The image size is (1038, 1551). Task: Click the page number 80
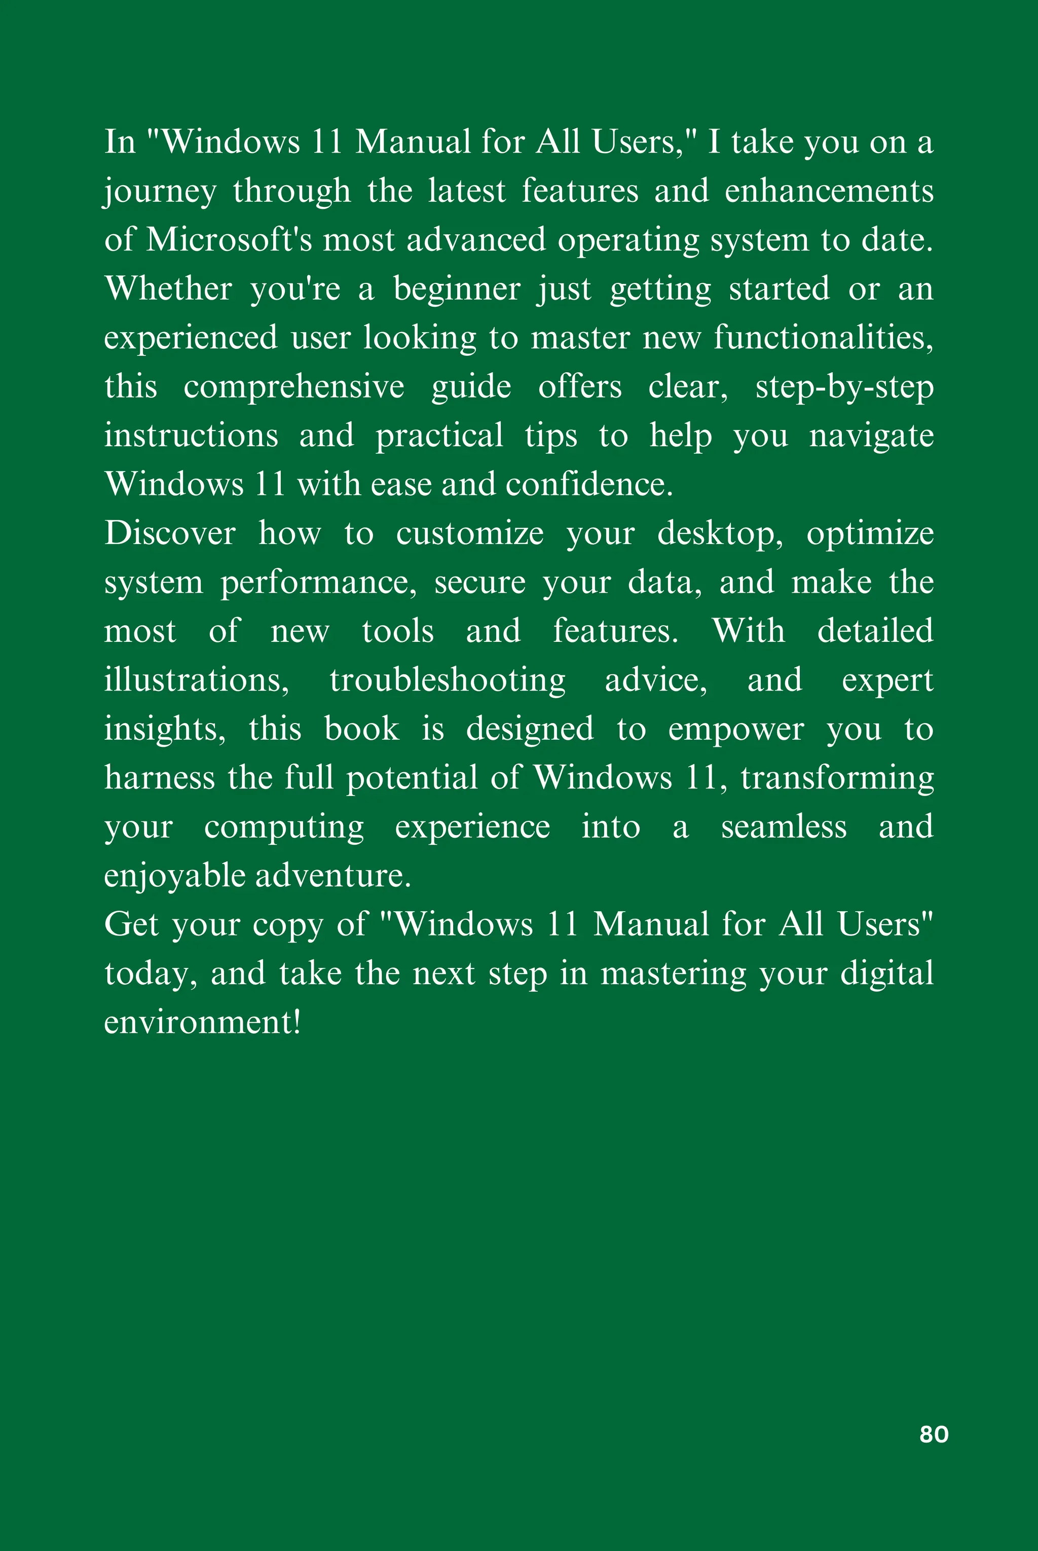(934, 1434)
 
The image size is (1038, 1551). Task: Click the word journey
(160, 191)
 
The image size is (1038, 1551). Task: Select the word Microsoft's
(229, 240)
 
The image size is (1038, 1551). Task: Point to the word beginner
(457, 290)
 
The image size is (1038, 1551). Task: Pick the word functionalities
(823, 338)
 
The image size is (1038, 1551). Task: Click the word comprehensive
(293, 387)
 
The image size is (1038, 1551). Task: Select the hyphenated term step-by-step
(844, 387)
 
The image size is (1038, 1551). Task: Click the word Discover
(169, 533)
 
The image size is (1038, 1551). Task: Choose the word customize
(469, 533)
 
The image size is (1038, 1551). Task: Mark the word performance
(318, 583)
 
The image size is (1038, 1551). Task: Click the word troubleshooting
(448, 680)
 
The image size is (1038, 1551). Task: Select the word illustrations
(197, 680)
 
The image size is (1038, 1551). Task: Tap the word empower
(735, 729)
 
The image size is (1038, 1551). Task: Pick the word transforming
(837, 778)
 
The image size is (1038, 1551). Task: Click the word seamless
(783, 827)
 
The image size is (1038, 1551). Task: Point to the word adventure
(333, 876)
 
